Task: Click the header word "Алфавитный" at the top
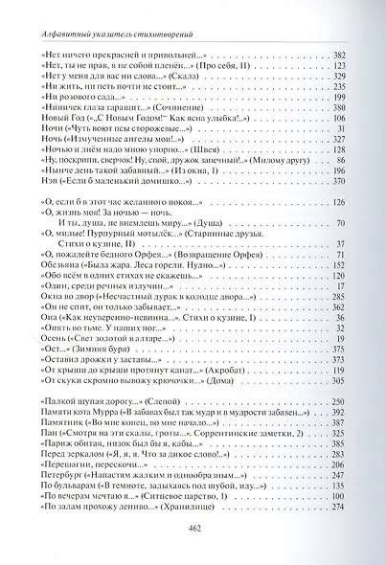point(57,35)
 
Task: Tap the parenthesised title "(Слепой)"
point(181,372)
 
